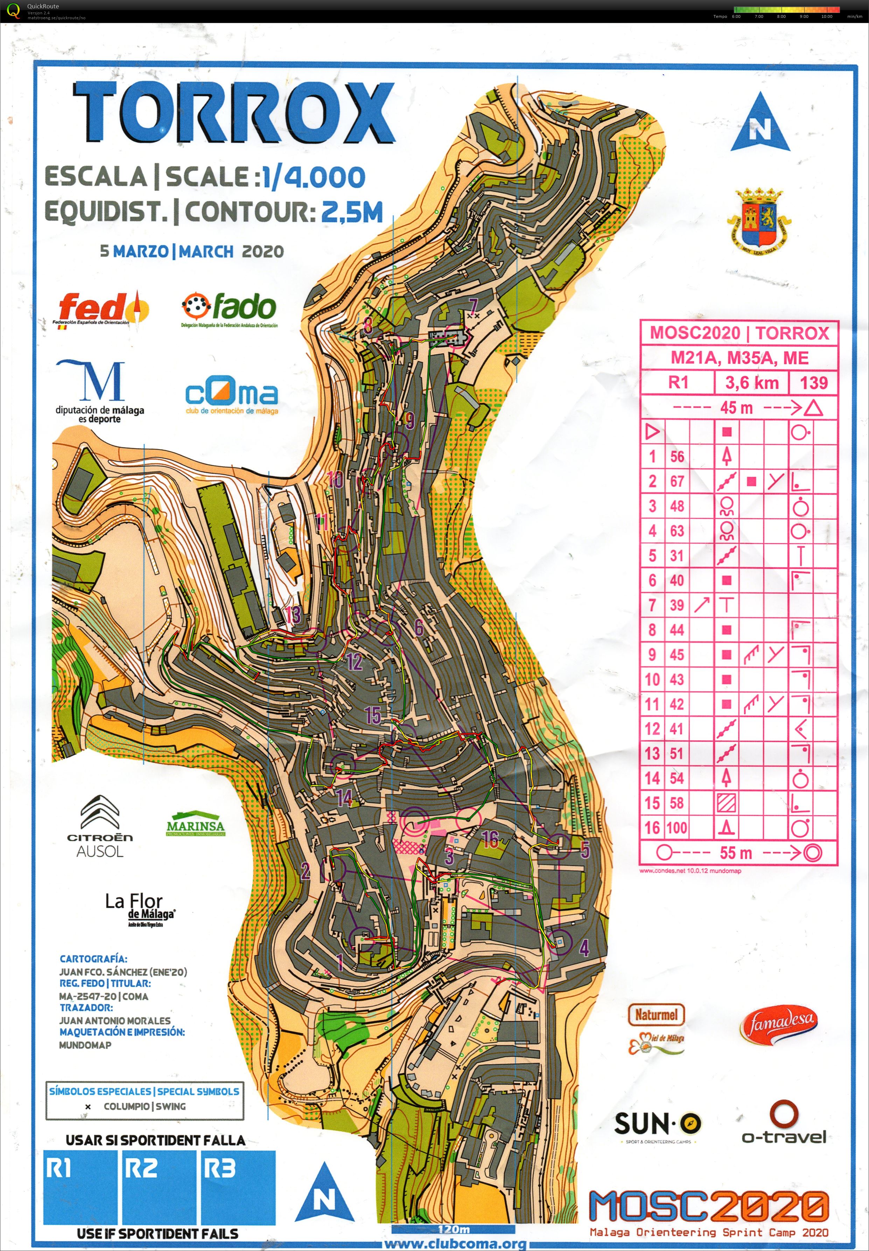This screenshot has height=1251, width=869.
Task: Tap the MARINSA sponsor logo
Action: tap(196, 826)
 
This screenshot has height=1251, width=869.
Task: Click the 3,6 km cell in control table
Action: tap(751, 382)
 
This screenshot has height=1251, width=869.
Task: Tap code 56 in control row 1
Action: tap(677, 457)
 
